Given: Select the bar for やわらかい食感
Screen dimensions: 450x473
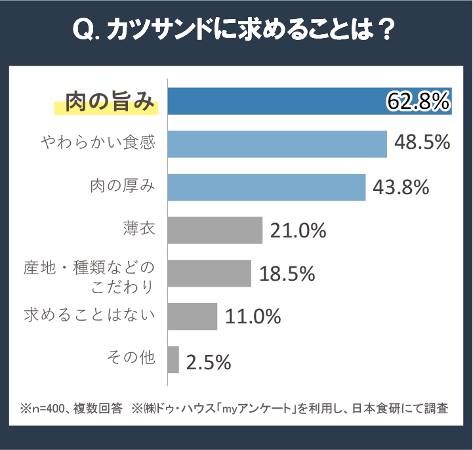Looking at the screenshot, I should [277, 144].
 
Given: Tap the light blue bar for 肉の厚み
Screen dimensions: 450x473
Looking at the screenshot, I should [266, 187].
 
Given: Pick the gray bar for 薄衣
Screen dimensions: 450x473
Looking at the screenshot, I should [215, 230].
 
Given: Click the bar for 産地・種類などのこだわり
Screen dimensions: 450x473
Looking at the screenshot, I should [209, 273].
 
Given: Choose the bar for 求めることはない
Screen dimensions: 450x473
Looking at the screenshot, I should [192, 316].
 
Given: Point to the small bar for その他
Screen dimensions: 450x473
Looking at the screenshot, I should [173, 359].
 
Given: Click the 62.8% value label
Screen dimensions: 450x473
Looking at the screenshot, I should [418, 101].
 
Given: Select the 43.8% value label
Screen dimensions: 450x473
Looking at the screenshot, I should [401, 187].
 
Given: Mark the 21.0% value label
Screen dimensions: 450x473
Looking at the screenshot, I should [298, 230].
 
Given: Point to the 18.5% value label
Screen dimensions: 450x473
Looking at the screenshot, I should [287, 274].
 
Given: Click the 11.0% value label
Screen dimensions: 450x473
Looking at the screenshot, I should [253, 317].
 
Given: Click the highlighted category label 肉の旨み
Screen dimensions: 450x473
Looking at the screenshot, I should [110, 102].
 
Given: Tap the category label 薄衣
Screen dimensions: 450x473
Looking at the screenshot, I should [138, 230].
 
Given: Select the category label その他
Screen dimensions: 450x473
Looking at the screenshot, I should [131, 358].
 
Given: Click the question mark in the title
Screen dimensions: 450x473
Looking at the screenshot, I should [387, 30].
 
